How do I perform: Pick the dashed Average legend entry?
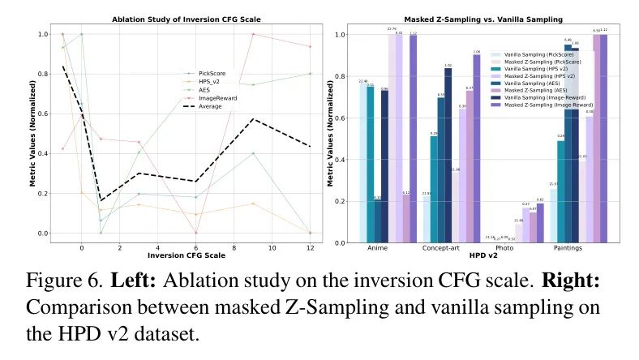pyautogui.click(x=209, y=106)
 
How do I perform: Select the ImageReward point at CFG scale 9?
pyautogui.click(x=253, y=34)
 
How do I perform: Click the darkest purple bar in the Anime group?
pyautogui.click(x=413, y=139)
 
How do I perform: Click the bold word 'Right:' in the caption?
pyautogui.click(x=564, y=285)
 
